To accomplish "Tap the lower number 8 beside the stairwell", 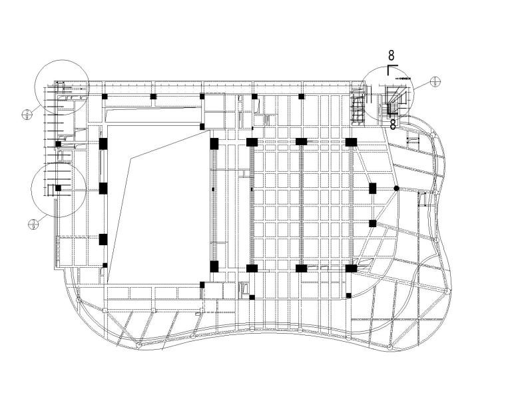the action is (393, 123).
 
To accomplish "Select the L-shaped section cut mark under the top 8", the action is (391, 68).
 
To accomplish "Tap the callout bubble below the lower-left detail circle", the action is (32, 224).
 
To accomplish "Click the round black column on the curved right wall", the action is (396, 189).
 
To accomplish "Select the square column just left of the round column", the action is (373, 189).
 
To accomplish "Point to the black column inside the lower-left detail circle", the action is (59, 189).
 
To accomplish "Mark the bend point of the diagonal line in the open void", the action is (133, 158).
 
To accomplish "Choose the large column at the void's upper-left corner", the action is (103, 143).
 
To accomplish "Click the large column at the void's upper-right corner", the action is (214, 143).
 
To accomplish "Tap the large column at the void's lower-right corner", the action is (214, 266).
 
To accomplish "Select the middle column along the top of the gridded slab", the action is (301, 141).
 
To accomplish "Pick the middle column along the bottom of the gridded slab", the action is (301, 268).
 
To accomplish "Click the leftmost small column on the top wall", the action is (105, 97).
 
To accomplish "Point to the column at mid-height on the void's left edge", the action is (103, 189).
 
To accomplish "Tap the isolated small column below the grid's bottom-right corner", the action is (348, 295).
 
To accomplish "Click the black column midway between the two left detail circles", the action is (59, 144).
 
